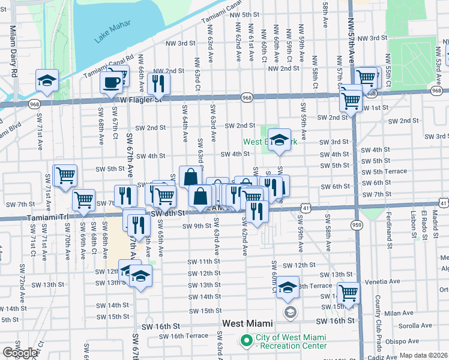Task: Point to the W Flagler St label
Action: pyautogui.click(x=141, y=100)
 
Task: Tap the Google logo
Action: pyautogui.click(x=20, y=353)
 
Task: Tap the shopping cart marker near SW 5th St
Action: pyautogui.click(x=65, y=175)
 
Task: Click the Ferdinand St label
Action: pyautogui.click(x=390, y=223)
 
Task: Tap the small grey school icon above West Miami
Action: pyautogui.click(x=290, y=312)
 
